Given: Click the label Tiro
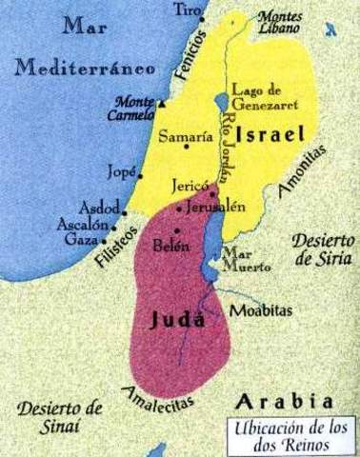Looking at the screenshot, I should coord(189,10).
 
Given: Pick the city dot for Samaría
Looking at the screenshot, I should coord(210,145).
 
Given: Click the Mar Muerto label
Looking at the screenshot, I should coord(237,261).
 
